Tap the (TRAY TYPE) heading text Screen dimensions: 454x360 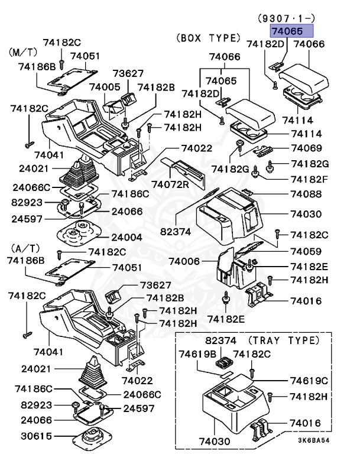tap(283, 340)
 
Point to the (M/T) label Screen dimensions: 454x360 tap(22, 53)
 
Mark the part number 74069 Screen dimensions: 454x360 tap(306, 148)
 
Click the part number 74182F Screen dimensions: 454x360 tap(309, 179)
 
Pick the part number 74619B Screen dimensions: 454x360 tap(198, 354)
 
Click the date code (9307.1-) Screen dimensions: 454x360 tap(287, 18)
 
